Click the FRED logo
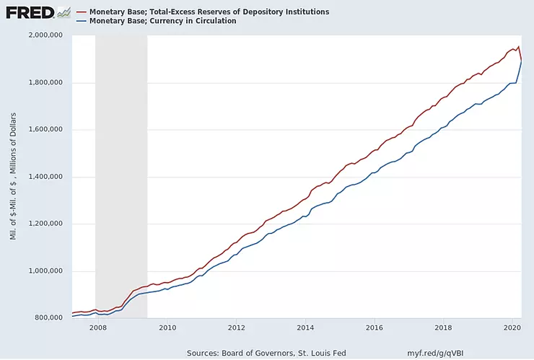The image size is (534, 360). [30, 13]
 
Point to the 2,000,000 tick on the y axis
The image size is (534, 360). [45, 35]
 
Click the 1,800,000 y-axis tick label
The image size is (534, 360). [45, 82]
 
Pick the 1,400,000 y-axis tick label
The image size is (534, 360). [45, 177]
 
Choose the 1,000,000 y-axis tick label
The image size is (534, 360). [45, 271]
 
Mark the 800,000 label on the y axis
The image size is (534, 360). [48, 317]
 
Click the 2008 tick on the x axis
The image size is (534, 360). [98, 328]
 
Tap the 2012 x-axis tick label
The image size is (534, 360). [237, 328]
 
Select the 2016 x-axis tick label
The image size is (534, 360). [375, 328]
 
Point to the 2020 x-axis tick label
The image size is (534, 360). [512, 328]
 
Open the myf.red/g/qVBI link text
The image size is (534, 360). [436, 354]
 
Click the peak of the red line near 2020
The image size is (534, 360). [518, 46]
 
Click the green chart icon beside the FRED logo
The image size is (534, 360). [64, 12]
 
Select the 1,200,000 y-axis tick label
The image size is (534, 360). [45, 224]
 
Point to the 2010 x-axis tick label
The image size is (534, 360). [167, 328]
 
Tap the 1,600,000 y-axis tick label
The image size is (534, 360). [45, 129]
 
